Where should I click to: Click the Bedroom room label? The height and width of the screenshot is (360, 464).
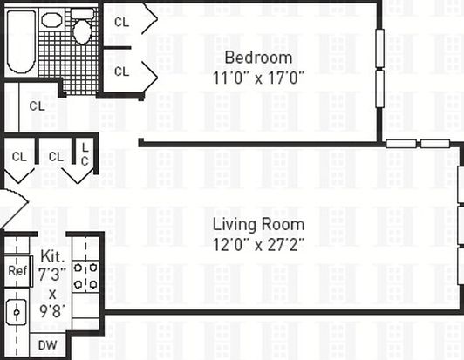click(x=258, y=58)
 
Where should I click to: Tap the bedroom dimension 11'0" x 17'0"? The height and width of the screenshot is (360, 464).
click(x=258, y=78)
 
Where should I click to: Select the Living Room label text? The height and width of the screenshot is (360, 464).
click(x=259, y=225)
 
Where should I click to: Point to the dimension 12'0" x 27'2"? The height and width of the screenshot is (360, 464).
click(x=258, y=245)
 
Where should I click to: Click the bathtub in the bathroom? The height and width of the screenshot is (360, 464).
click(x=21, y=42)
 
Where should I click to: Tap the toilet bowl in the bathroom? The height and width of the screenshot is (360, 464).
click(x=82, y=32)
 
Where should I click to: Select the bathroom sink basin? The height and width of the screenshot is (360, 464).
click(x=51, y=19)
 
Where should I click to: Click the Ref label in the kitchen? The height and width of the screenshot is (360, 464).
click(x=17, y=270)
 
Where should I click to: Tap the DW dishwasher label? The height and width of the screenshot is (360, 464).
click(x=48, y=345)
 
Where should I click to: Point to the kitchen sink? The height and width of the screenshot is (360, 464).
click(x=17, y=312)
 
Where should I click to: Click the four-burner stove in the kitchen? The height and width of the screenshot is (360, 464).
click(x=85, y=276)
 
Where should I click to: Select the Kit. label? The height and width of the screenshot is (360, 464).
click(x=52, y=256)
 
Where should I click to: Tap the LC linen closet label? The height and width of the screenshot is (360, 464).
click(x=85, y=154)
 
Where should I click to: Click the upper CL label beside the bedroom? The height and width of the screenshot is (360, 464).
click(x=121, y=22)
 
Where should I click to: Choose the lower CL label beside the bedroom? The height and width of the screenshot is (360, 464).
click(x=121, y=71)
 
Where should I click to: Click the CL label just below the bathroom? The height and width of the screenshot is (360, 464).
click(x=37, y=105)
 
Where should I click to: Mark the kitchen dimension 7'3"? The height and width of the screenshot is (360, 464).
click(x=52, y=274)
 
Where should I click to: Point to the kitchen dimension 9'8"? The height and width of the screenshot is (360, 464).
click(x=52, y=311)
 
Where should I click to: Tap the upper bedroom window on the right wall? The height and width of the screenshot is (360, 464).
click(x=379, y=48)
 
